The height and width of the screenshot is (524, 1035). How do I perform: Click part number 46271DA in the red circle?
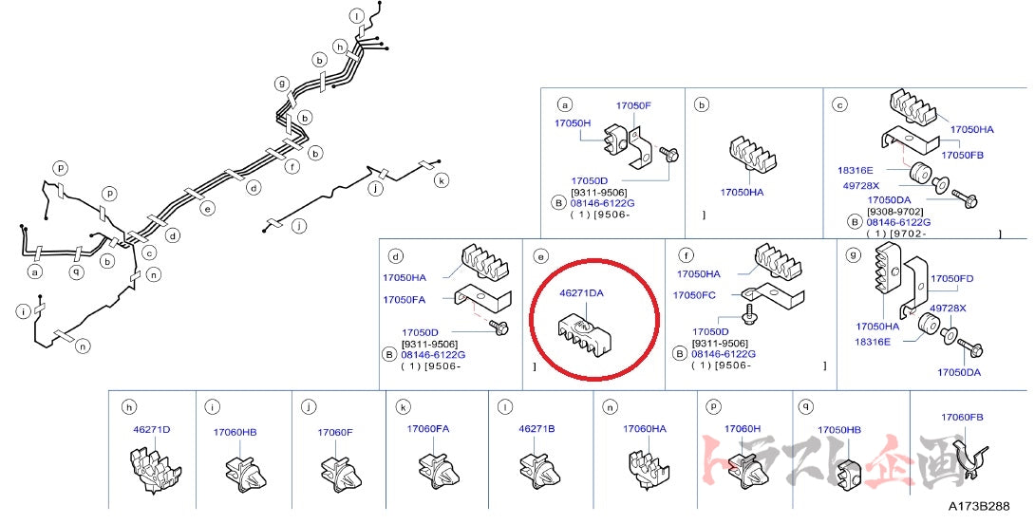[582, 293]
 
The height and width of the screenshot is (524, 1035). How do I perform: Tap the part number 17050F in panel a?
[633, 105]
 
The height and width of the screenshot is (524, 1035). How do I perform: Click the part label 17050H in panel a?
[573, 123]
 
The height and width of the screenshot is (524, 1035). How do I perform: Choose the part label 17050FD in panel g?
[951, 278]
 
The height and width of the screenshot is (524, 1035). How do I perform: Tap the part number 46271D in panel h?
[152, 429]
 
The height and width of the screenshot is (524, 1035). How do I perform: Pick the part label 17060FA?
[428, 428]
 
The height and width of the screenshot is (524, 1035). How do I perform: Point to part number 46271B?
[536, 428]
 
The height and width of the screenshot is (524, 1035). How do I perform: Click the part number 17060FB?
[962, 417]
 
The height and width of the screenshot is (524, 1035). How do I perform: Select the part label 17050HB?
[839, 430]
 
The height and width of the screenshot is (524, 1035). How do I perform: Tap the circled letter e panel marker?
[540, 256]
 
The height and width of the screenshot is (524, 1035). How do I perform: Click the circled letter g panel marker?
[854, 254]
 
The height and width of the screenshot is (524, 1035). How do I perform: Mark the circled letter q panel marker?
[806, 406]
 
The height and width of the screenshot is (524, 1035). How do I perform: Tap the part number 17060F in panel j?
[335, 432]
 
